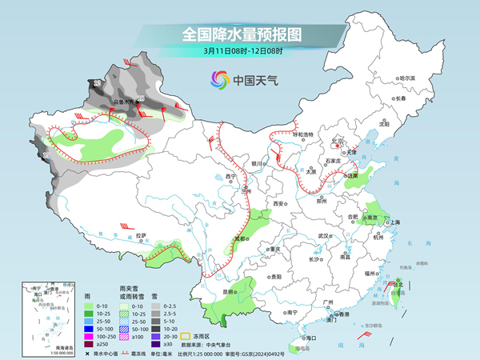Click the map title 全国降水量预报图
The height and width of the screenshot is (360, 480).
240,34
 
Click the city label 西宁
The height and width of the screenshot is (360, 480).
232,176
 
